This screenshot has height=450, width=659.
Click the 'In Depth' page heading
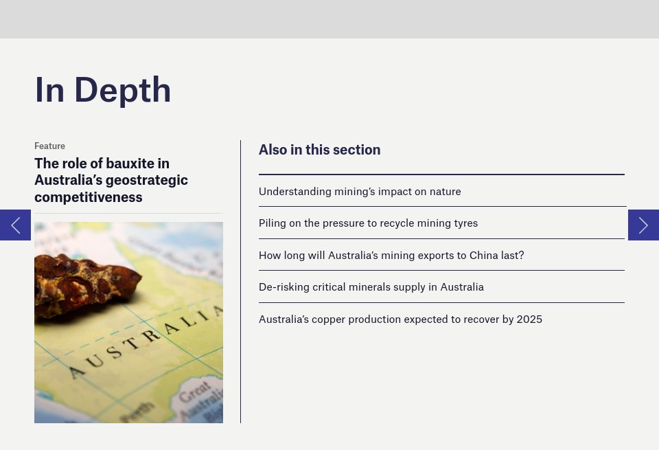(x=103, y=90)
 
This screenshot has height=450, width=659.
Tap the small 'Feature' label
(x=49, y=146)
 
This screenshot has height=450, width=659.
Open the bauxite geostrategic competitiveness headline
(x=111, y=180)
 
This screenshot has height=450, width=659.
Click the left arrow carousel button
(x=15, y=225)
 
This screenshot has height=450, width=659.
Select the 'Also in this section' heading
(x=319, y=150)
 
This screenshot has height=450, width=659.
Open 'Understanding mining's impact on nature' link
(x=360, y=192)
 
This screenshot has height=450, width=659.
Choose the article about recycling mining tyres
(x=368, y=223)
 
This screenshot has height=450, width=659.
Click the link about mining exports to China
(x=391, y=256)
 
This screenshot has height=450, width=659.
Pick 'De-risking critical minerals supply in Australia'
(x=371, y=287)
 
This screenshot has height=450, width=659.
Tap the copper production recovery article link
(x=400, y=319)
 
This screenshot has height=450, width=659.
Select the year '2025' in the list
(x=529, y=319)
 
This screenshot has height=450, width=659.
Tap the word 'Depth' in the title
(x=123, y=90)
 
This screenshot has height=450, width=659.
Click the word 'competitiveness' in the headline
(x=89, y=197)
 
